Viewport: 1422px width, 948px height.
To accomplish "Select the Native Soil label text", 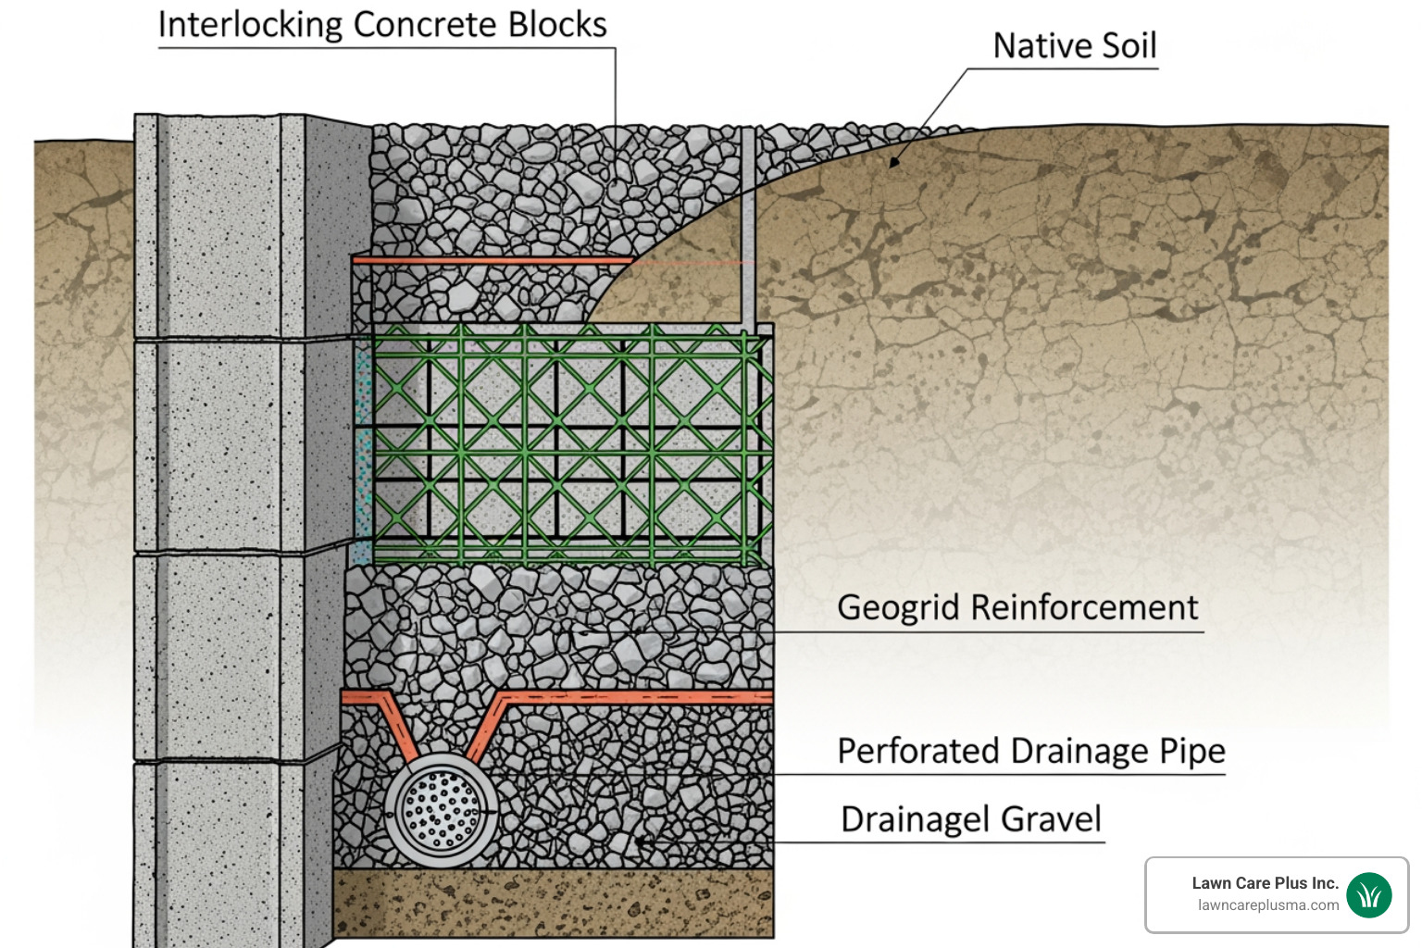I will (1074, 45).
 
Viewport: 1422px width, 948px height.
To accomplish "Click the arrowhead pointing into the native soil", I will (893, 162).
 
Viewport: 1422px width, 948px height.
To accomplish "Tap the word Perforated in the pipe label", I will (919, 751).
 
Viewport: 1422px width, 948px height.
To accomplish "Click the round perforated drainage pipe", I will (441, 810).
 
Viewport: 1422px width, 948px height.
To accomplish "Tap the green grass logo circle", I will (1369, 894).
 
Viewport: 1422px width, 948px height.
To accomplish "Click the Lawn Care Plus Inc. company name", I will (1265, 883).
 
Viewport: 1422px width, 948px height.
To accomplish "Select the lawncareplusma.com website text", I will (1267, 905).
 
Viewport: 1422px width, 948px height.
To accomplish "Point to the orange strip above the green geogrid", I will (491, 261).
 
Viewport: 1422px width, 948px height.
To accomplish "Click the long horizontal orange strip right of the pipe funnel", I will (639, 697).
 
